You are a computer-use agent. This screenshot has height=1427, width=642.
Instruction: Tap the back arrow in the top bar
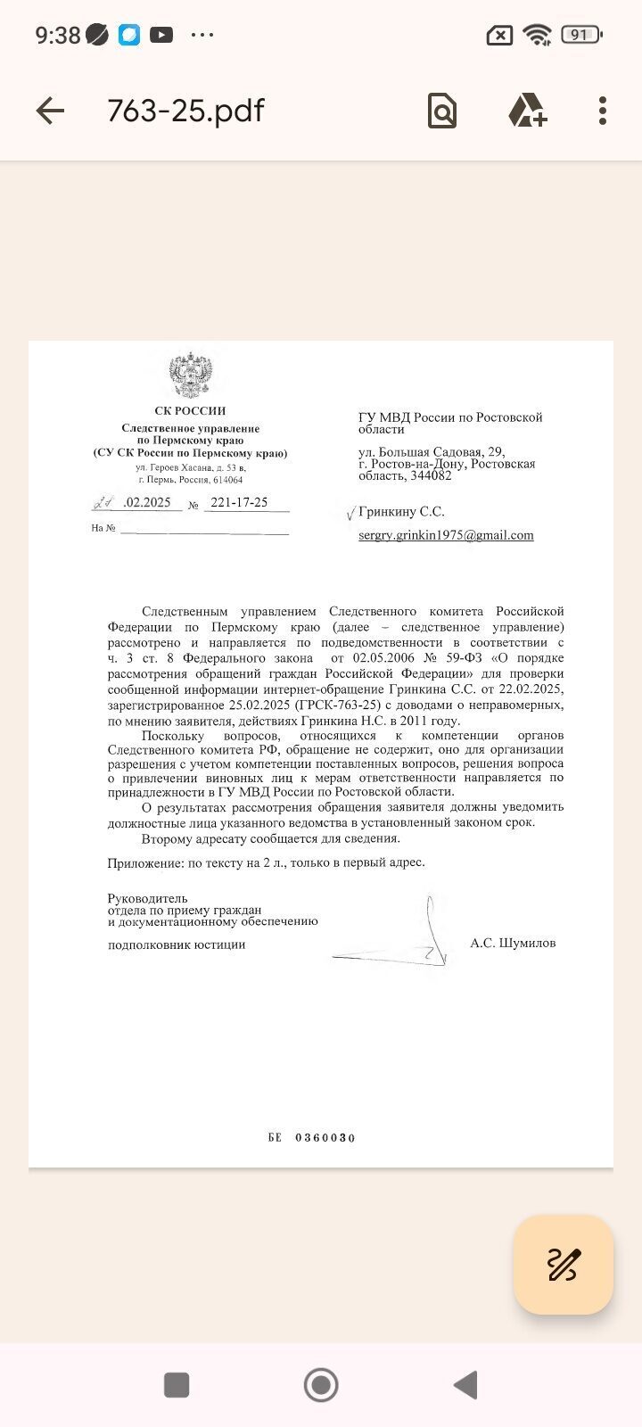(50, 111)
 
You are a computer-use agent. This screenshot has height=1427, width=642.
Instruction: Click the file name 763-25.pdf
(185, 111)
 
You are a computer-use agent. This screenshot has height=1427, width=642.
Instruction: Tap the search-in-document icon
(441, 111)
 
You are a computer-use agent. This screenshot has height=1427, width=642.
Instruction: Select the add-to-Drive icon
(527, 111)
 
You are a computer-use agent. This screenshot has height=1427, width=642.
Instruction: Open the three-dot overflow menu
(603, 111)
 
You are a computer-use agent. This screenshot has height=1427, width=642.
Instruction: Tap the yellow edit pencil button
(563, 1264)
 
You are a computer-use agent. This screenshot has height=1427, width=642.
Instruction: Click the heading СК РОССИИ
(190, 411)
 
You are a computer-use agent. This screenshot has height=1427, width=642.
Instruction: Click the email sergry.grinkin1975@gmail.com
(446, 535)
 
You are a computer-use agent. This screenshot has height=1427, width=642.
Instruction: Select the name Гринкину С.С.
(401, 512)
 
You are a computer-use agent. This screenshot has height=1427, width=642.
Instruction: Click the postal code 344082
(431, 475)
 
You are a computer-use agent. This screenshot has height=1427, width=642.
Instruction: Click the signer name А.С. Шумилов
(513, 943)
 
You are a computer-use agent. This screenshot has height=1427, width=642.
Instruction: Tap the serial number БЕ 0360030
(311, 1137)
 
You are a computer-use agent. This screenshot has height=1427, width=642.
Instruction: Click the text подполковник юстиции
(177, 944)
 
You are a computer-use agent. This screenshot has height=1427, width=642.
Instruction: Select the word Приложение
(143, 862)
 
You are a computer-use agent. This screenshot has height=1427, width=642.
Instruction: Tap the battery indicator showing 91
(580, 35)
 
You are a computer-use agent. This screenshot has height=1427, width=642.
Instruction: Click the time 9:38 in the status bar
(58, 35)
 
